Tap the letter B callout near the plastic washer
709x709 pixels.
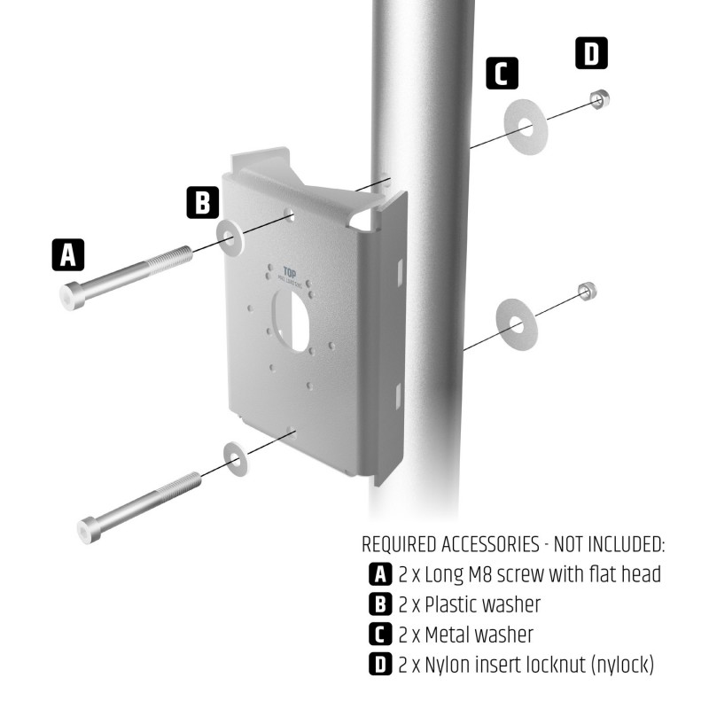(203, 202)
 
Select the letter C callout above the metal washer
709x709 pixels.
(502, 73)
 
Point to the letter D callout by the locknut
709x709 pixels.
(591, 53)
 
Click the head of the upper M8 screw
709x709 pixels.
(73, 295)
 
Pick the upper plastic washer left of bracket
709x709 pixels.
(231, 235)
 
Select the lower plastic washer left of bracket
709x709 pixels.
(236, 458)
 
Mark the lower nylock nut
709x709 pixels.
(586, 291)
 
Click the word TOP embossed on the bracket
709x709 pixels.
(289, 273)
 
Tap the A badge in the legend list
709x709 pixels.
(379, 574)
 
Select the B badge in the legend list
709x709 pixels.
(379, 604)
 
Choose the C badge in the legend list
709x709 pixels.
(379, 635)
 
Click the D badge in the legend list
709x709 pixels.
(379, 664)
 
